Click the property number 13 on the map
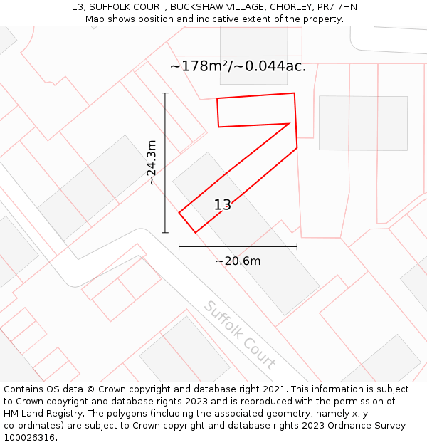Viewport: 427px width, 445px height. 223,205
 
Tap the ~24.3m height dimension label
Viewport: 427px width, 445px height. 152,163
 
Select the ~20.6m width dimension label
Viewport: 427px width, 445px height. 238,261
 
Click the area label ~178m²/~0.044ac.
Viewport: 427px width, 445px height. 238,66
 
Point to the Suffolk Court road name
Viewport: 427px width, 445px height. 239,335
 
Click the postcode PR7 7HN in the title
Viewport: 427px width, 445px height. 338,7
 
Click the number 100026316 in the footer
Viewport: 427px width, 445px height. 27,438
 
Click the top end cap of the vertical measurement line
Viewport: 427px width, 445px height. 165,93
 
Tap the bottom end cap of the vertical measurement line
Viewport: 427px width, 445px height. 165,232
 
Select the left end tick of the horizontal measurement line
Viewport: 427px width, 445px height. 179,246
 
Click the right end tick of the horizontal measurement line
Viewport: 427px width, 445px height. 297,246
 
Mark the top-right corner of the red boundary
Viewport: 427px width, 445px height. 294,93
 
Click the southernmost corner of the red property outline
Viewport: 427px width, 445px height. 195,232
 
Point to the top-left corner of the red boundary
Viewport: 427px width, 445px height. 217,99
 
